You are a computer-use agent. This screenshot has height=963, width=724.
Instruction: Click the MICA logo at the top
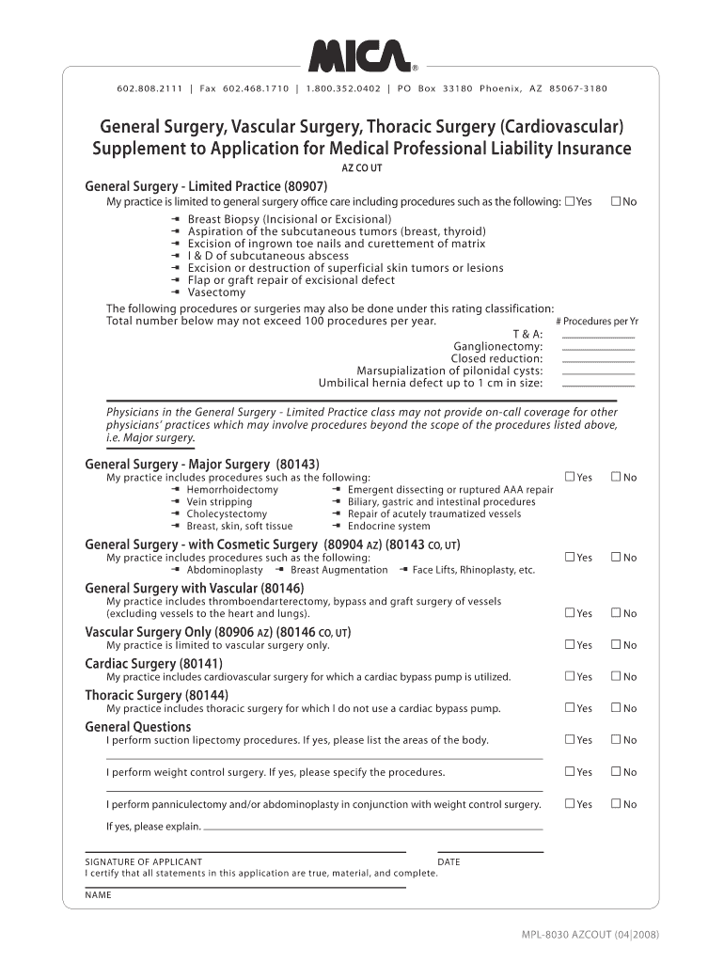(361, 56)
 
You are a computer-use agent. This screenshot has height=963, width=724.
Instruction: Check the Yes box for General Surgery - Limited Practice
(570, 201)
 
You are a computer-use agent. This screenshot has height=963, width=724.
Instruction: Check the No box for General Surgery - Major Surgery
(616, 477)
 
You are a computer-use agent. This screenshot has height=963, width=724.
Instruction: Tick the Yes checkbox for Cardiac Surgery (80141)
(570, 676)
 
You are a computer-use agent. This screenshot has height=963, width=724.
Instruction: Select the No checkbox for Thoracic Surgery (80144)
(616, 708)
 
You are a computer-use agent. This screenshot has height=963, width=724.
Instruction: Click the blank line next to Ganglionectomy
(598, 348)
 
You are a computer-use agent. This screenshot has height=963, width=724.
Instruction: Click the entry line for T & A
(598, 336)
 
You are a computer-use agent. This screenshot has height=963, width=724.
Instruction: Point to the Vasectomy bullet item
(216, 292)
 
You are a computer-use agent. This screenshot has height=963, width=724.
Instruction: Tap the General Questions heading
(137, 727)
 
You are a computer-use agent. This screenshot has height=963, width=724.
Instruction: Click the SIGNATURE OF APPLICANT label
(143, 861)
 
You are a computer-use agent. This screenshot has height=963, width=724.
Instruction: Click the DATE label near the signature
(449, 861)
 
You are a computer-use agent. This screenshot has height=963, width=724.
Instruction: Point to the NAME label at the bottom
(98, 895)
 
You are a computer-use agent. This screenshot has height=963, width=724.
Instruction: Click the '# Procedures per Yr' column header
(596, 321)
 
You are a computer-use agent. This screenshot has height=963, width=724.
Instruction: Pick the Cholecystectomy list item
(227, 514)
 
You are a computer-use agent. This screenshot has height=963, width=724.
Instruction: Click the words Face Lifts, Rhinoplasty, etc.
(473, 570)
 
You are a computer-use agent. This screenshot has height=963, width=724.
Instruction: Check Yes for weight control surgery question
(570, 772)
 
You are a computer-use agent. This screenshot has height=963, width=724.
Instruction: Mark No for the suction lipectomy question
(616, 740)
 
